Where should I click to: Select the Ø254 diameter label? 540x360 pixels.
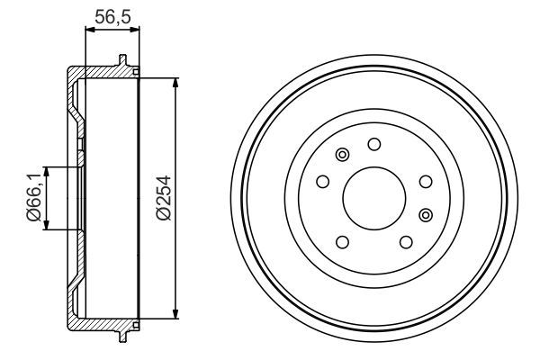[163, 199]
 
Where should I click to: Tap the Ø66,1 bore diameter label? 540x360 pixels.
[33, 199]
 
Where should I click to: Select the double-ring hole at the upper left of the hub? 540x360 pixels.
[341, 157]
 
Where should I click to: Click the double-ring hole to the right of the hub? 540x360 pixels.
[426, 213]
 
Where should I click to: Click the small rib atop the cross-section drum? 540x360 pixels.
[121, 62]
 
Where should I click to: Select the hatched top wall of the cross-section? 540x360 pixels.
[103, 72]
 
